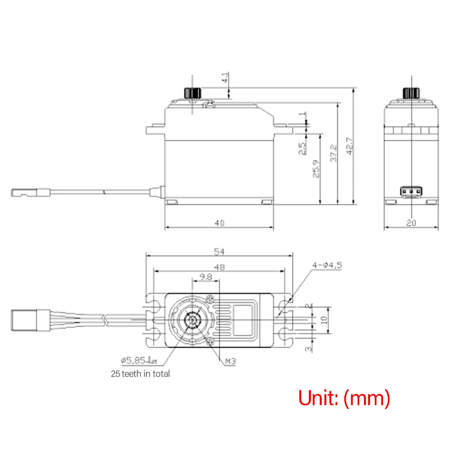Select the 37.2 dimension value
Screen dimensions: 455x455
[334, 154]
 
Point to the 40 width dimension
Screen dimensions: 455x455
[219, 223]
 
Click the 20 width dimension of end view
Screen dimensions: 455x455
[411, 223]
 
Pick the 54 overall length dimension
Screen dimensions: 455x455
[219, 252]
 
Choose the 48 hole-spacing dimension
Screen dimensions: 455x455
[219, 268]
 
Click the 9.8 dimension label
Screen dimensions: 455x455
[206, 277]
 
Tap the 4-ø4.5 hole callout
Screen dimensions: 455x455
[326, 265]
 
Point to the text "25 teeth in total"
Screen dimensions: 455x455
[140, 374]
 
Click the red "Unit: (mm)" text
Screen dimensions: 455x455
[344, 398]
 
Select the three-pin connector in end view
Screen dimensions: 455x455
[411, 192]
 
